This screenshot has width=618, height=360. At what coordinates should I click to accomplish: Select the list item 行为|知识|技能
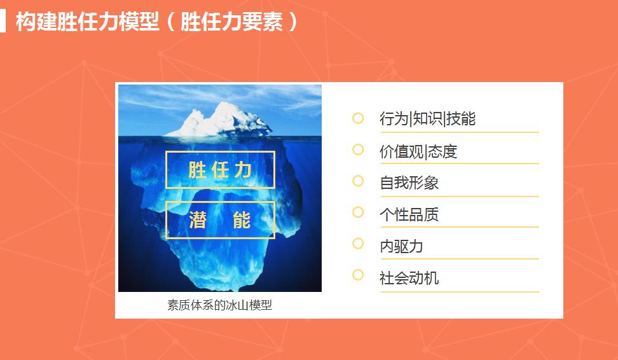427,119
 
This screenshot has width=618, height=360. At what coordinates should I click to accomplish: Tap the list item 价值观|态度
418,151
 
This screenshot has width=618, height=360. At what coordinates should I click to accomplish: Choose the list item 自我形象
409,183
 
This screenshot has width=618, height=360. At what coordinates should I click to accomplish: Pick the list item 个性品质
409,215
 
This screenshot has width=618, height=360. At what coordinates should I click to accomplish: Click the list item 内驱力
401,247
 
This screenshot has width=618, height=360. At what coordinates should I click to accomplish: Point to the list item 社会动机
409,279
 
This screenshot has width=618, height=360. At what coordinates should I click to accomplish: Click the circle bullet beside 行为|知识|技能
358,118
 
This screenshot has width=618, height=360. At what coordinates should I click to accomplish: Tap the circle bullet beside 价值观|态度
358,149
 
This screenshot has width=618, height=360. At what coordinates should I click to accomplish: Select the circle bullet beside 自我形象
358,181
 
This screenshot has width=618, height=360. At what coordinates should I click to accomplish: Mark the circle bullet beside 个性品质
358,212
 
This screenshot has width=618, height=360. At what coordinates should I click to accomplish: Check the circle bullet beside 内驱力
358,244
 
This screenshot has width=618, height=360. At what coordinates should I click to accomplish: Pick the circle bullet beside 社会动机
358,275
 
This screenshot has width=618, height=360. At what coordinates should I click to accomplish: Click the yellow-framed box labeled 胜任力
220,170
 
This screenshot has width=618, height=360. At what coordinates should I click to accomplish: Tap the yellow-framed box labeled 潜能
220,220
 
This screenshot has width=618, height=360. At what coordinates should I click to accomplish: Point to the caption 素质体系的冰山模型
219,305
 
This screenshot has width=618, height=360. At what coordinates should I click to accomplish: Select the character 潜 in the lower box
198,220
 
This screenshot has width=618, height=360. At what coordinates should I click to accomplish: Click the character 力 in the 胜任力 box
243,170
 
